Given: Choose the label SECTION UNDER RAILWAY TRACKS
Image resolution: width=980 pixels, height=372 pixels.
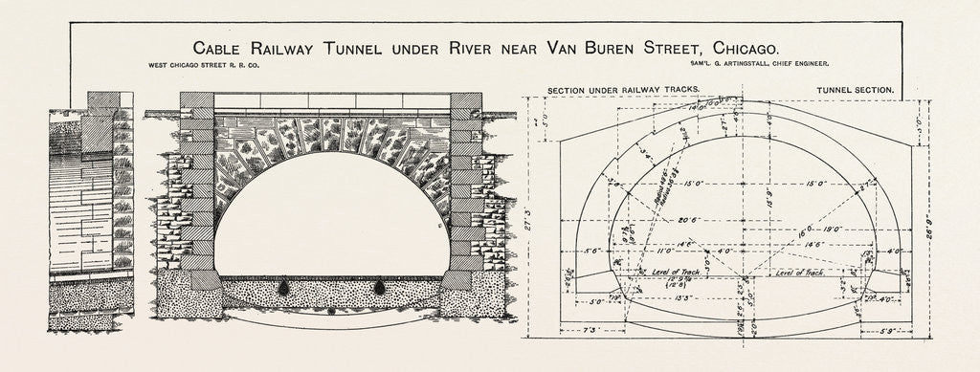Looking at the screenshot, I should point(623,90).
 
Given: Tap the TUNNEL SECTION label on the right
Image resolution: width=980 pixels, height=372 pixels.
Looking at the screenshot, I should point(855,90).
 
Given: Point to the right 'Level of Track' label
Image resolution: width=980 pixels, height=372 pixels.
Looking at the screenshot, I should point(802,274).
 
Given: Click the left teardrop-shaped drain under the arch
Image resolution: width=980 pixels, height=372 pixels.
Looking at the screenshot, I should point(283,286).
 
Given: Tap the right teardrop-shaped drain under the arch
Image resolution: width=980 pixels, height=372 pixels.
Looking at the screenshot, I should point(380,286).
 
